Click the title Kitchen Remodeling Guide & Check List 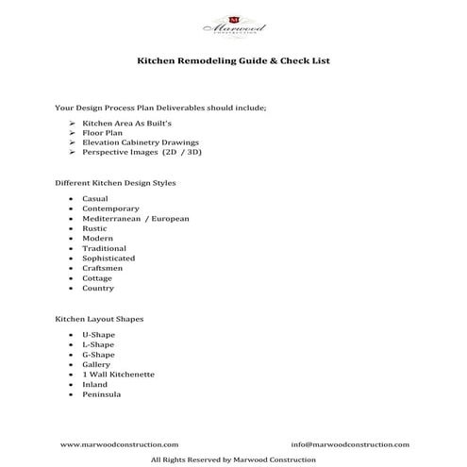tap(233, 60)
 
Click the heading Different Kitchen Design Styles tap(116, 183)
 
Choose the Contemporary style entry tap(110, 208)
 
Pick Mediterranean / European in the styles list tap(136, 219)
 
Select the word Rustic tap(95, 228)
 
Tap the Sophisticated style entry tap(108, 258)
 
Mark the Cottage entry tap(97, 278)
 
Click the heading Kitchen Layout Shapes tap(100, 319)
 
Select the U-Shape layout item tap(98, 335)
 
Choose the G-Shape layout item tap(98, 355)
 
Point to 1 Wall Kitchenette tap(119, 375)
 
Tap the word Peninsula tap(102, 394)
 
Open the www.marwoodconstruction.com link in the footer tap(119, 444)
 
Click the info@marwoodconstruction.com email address tap(350, 444)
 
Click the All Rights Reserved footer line tap(233, 459)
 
